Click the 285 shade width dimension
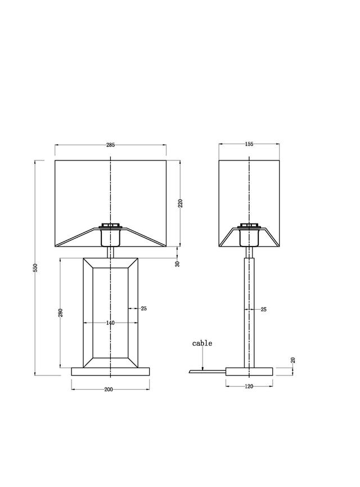click(110, 145)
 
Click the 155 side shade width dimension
click(249, 144)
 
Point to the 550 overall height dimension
click(35, 268)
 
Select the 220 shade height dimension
click(181, 203)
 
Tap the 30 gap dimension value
click(178, 264)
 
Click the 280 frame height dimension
click(61, 312)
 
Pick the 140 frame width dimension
click(110, 323)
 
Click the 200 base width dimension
click(109, 390)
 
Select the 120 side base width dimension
click(249, 386)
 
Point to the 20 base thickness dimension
click(293, 360)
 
